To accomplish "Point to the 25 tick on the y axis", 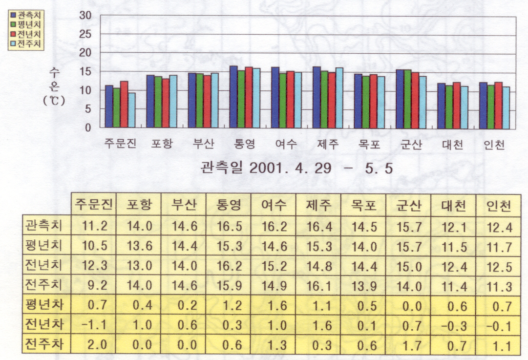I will pos(85,34).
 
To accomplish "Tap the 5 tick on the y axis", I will pos(88,110).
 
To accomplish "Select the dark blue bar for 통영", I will pos(233,97).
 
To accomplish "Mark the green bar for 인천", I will pos(490,106).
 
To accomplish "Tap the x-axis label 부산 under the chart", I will pos(203,145).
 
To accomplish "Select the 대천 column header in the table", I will pos(453,206).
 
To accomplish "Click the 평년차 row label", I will pos(43,307).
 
